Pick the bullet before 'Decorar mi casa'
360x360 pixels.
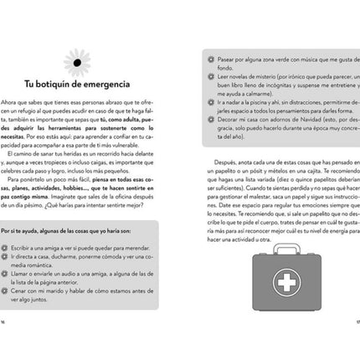point(194,121)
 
